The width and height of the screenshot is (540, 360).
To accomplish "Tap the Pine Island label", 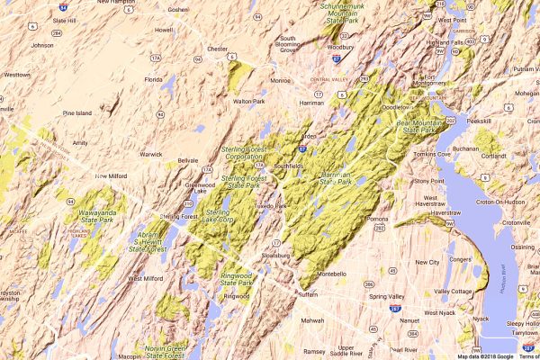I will tap(78, 113).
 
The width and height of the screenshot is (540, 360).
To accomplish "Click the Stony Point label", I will tap(428, 181).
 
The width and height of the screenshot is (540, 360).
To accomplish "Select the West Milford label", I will tap(145, 278).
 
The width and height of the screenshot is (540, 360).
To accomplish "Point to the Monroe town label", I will tap(281, 80).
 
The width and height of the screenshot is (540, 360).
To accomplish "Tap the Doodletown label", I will tap(395, 106).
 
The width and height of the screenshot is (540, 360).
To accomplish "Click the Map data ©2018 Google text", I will tap(484, 355).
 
